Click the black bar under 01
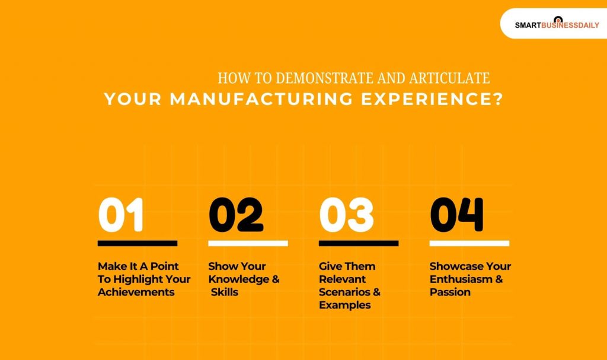point(138,243)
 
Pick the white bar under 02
point(248,243)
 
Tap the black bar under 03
point(358,243)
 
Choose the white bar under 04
point(469,243)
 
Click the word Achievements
point(136,292)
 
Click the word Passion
point(450,292)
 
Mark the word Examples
point(344,305)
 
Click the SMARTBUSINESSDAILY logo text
point(557,26)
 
